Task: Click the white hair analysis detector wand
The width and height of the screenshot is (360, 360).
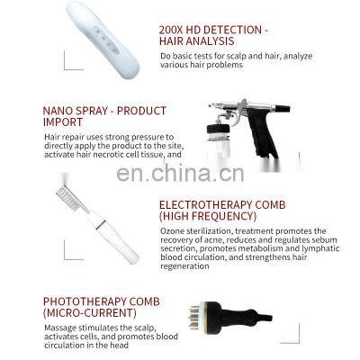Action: (x=102, y=39)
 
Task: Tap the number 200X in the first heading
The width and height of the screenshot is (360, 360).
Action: (x=171, y=30)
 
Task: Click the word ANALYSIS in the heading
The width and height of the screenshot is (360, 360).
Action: (x=210, y=41)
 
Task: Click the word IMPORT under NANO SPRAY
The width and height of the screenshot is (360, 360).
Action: (x=63, y=122)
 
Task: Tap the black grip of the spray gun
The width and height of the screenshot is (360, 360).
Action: (x=264, y=133)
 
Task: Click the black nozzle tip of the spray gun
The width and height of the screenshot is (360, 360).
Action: (x=283, y=109)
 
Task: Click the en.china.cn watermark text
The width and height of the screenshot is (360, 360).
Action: (x=180, y=174)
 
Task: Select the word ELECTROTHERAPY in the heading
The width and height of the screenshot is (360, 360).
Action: (x=206, y=205)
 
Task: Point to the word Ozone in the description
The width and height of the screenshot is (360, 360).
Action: (x=172, y=231)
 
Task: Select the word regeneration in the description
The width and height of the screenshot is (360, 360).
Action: (x=184, y=266)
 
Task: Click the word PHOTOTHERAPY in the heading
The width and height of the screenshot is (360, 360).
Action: (x=85, y=301)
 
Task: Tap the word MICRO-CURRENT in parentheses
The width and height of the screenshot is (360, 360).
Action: (x=90, y=313)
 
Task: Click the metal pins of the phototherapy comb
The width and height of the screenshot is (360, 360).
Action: (x=193, y=318)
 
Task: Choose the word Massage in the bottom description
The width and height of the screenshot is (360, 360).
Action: (x=61, y=328)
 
